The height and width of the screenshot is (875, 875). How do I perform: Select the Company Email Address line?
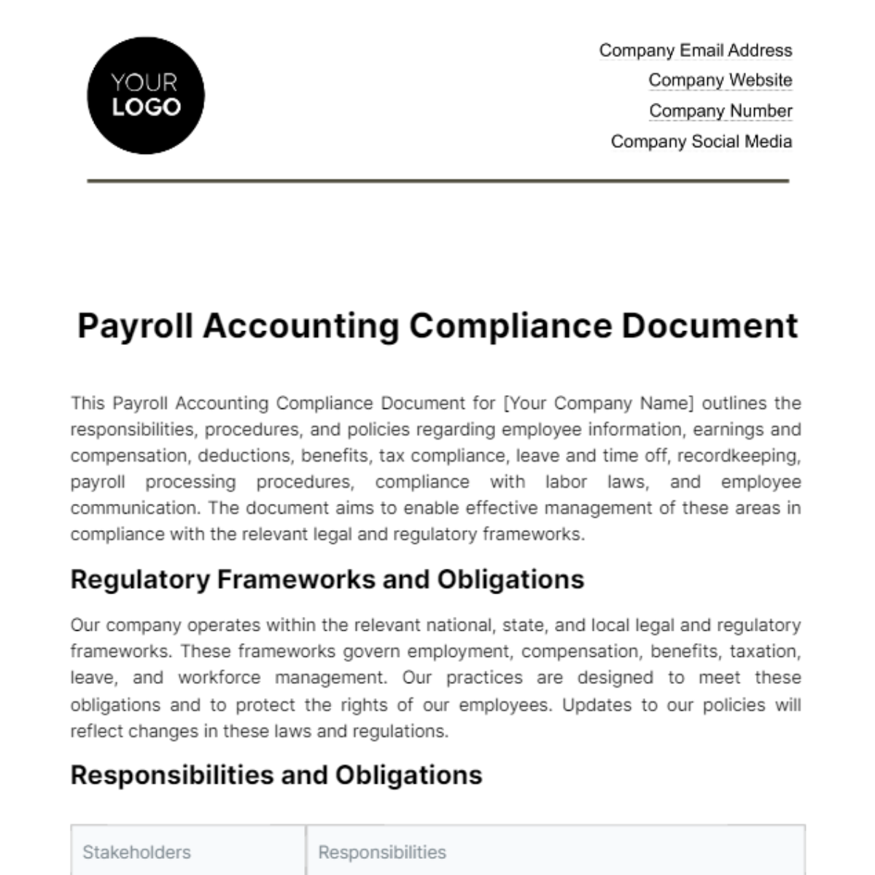click(695, 50)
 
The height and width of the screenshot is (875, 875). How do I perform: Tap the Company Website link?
click(720, 80)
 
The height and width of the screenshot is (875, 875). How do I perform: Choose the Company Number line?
click(720, 111)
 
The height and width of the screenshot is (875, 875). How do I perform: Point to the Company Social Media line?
click(701, 141)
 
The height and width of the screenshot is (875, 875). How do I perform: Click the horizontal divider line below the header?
click(437, 180)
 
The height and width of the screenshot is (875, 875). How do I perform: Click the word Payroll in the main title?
click(135, 326)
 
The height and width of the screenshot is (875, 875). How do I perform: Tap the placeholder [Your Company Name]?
click(599, 403)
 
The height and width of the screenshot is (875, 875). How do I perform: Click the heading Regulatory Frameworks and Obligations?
click(327, 580)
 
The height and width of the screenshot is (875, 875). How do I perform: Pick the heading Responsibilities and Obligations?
click(276, 775)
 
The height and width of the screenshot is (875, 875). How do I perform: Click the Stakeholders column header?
click(136, 852)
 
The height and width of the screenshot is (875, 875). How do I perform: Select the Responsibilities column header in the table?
click(382, 852)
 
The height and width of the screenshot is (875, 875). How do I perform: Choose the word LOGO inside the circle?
click(146, 108)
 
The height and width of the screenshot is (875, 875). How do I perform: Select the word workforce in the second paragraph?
click(219, 677)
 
